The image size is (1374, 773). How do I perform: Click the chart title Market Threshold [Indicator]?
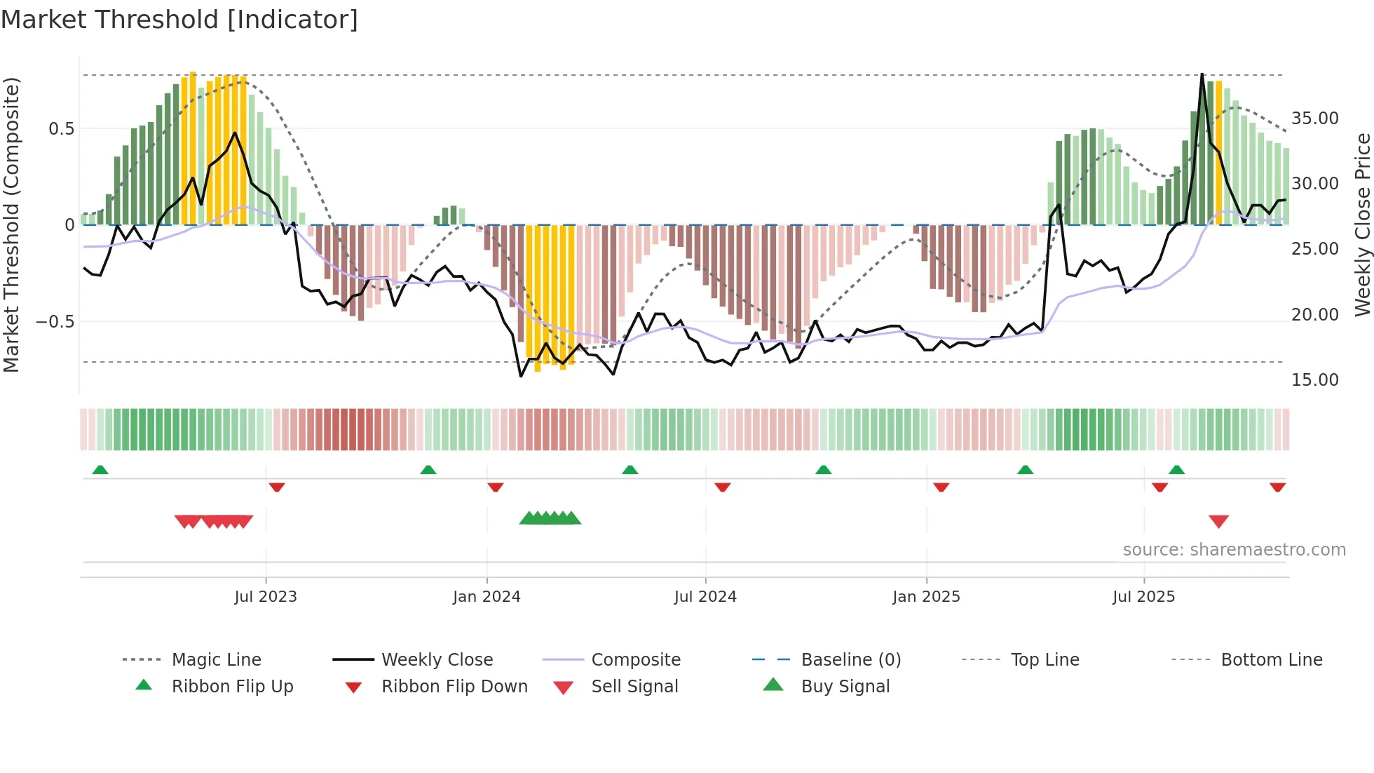point(179,20)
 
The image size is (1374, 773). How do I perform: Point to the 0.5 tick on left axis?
point(61,129)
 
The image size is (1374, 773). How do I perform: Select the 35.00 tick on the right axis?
point(1314,119)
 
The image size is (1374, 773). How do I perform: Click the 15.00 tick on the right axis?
point(1314,380)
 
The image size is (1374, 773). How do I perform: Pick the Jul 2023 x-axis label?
point(266,597)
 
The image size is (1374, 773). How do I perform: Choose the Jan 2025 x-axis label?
point(926,597)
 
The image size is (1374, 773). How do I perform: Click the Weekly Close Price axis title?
point(1362,224)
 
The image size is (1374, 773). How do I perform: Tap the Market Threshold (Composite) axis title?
point(11,224)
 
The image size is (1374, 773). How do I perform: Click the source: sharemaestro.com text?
point(1234,550)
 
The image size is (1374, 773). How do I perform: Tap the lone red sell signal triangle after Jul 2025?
point(1218,521)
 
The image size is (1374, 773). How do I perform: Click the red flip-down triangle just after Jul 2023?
point(277,487)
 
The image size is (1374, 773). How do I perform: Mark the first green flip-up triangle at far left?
point(100,470)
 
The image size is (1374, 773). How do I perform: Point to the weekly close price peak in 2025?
point(1202,74)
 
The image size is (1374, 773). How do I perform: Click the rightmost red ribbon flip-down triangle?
point(1277,487)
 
